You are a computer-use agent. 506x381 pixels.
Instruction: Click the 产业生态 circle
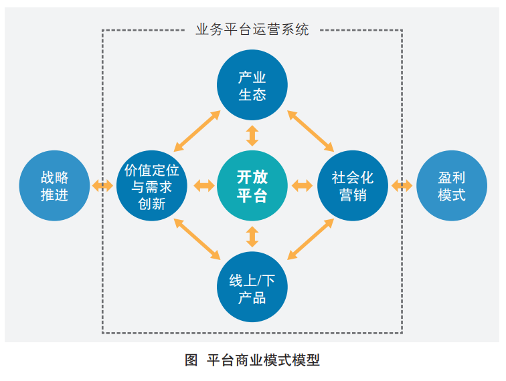tap(252, 86)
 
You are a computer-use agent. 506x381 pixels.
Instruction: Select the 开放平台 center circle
tap(252, 186)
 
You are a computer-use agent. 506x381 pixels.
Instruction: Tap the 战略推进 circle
tap(54, 186)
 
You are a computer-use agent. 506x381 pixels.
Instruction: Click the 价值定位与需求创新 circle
tap(152, 186)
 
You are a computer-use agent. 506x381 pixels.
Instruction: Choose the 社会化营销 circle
tap(353, 186)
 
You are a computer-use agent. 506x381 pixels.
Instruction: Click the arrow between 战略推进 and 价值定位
tap(103, 186)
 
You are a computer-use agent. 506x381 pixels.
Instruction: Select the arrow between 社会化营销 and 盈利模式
tap(402, 186)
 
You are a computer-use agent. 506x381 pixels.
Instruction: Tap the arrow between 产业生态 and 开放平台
tap(252, 135)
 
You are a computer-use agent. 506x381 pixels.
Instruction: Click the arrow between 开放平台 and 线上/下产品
tap(252, 237)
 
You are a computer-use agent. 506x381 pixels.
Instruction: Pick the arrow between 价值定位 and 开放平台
tap(203, 186)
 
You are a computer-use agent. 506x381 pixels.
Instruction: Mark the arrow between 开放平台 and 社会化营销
tap(302, 186)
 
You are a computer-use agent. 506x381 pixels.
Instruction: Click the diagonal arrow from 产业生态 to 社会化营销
tap(311, 130)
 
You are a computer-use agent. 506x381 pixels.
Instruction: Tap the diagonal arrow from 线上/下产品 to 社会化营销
tap(311, 239)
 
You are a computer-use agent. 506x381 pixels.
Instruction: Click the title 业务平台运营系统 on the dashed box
tap(252, 29)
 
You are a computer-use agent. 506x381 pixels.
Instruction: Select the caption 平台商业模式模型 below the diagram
tap(264, 360)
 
